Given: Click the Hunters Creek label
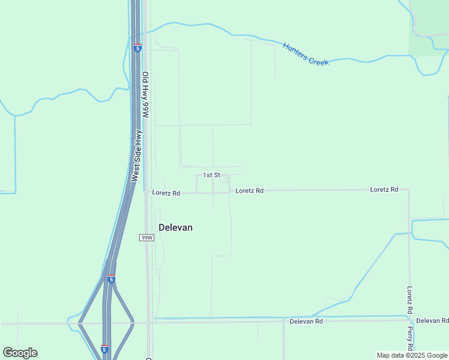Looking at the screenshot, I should [306, 54].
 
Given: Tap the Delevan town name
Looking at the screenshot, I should [175, 227].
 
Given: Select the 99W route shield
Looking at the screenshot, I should [146, 238].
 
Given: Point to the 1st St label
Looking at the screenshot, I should [211, 175].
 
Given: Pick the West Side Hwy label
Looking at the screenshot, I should [137, 156].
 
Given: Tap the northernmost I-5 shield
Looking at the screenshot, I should [138, 47].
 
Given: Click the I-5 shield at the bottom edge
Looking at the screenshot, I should [104, 349].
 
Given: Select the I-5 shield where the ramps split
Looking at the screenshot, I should [111, 279].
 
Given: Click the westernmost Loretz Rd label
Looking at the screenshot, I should [166, 193].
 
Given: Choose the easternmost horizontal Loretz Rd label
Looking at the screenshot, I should [384, 190].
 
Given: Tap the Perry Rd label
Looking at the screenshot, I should [409, 339].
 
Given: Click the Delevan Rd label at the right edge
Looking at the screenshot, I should [432, 321].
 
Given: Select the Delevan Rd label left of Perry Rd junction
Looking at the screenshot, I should [306, 322].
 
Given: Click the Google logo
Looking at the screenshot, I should [20, 353].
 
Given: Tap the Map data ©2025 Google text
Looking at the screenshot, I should [412, 355].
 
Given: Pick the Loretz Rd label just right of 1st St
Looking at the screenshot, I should [249, 191].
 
